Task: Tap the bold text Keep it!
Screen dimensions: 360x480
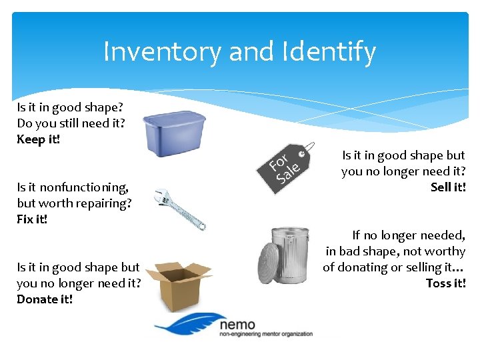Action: (x=39, y=139)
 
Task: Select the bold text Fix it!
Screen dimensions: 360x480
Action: (x=33, y=219)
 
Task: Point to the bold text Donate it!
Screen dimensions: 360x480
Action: (x=45, y=299)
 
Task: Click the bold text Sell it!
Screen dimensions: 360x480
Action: (x=448, y=187)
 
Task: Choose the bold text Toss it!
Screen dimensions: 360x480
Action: (x=445, y=283)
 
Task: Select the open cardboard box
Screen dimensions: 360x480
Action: (x=177, y=285)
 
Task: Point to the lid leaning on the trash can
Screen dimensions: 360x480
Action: (x=268, y=263)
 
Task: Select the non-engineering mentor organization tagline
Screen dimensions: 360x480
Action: (x=265, y=335)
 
